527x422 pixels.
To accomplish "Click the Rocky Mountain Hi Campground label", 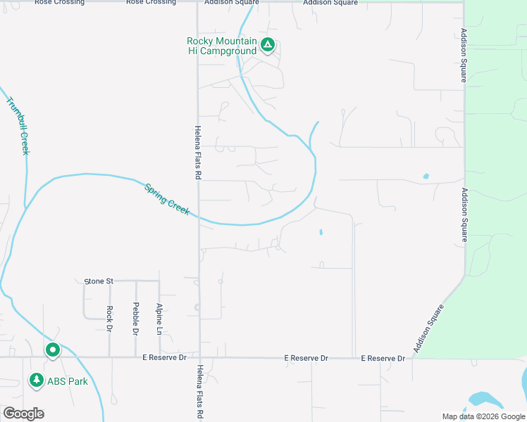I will [221, 46].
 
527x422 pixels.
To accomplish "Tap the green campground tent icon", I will [268, 46].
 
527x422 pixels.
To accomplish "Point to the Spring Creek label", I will [167, 199].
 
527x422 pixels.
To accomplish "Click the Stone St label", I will [99, 281].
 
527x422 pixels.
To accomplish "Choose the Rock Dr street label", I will [110, 319].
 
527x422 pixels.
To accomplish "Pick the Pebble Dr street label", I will [135, 319].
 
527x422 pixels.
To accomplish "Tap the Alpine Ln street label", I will [160, 319].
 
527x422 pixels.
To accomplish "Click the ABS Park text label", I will [68, 381].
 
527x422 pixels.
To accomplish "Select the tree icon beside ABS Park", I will [36, 381].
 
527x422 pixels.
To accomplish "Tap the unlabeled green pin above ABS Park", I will [53, 350].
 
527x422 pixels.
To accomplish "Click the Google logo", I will [23, 414].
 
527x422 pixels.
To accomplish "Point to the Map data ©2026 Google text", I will [483, 416].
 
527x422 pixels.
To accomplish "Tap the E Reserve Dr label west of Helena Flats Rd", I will [164, 358].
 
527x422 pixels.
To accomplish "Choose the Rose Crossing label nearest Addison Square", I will [151, 3].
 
